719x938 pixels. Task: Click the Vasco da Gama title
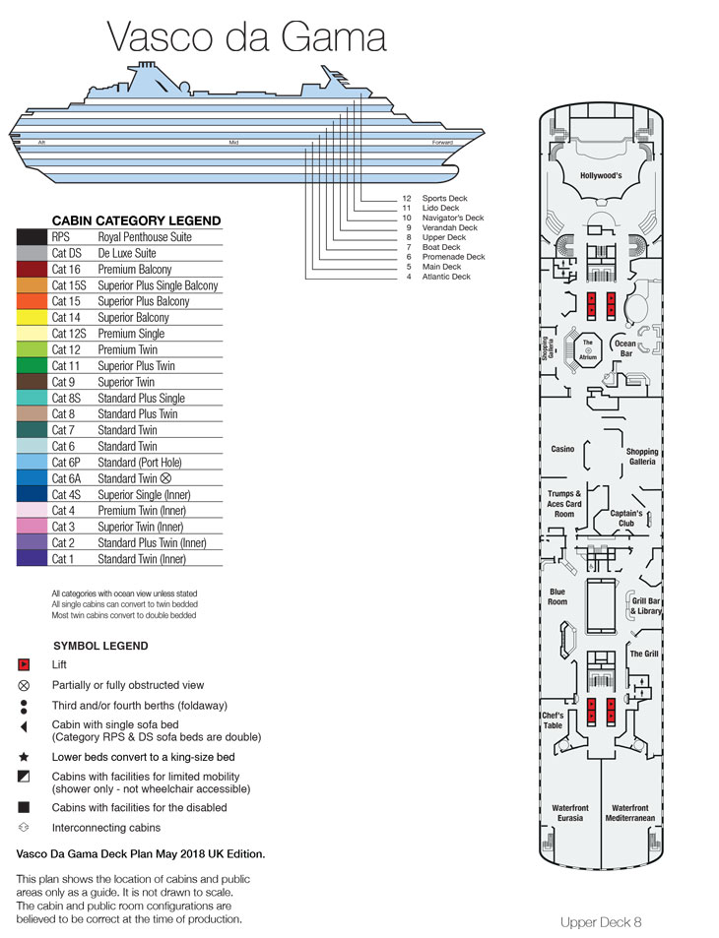tap(246, 36)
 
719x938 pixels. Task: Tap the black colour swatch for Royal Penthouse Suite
tap(32, 237)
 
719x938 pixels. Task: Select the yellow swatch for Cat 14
tap(32, 318)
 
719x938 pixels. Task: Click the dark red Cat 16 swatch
tap(32, 270)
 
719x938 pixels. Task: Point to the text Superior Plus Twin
tap(137, 365)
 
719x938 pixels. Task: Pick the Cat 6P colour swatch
tap(32, 463)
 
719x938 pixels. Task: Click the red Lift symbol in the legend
tap(24, 664)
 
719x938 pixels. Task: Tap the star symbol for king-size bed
tap(24, 757)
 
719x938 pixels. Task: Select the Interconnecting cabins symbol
tap(24, 828)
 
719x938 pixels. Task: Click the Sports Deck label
tap(445, 198)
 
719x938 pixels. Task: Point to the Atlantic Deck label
tap(446, 277)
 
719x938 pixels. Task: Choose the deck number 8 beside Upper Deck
tap(409, 237)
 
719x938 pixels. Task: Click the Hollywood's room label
tap(601, 176)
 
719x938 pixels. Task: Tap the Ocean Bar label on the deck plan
tap(625, 348)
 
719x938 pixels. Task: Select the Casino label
tap(562, 449)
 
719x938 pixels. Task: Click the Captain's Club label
tap(626, 518)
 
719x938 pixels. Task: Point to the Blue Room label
tap(557, 596)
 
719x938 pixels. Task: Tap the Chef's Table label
tap(553, 720)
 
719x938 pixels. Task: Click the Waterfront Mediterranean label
tap(629, 813)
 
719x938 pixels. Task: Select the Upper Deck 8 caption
tap(601, 922)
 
